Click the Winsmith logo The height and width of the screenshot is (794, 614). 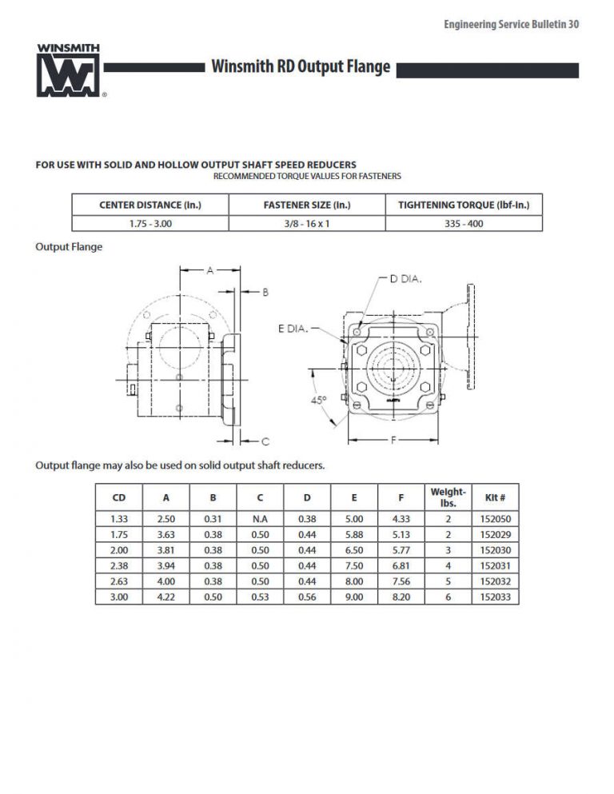(68, 70)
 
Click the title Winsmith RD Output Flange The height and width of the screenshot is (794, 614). (301, 67)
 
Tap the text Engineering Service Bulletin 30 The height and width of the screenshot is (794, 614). (511, 25)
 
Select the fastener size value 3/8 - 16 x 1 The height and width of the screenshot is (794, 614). (307, 224)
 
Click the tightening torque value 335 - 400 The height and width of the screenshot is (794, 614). (464, 224)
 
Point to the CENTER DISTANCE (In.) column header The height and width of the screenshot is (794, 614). (150, 205)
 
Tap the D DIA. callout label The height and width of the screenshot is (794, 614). (405, 279)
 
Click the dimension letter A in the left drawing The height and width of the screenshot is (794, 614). (210, 270)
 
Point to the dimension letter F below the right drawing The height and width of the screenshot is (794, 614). (393, 440)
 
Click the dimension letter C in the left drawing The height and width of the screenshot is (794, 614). (265, 441)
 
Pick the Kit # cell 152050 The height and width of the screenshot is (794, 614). (495, 519)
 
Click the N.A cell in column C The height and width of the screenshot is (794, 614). (260, 519)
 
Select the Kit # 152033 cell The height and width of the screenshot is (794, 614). (495, 596)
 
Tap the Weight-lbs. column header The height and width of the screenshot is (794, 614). (448, 497)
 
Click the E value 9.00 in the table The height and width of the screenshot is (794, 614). (354, 596)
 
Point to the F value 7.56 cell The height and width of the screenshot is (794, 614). (401, 581)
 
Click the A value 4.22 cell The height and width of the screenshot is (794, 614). (165, 596)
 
